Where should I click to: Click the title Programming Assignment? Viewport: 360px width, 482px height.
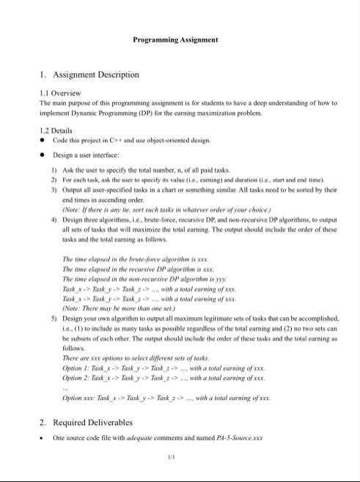tap(180, 38)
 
